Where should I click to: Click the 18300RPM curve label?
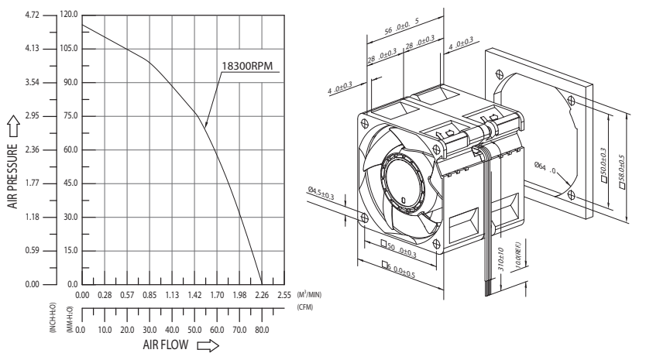click(x=247, y=66)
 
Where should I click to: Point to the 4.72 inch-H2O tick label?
click(x=32, y=15)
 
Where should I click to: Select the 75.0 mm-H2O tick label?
click(x=70, y=116)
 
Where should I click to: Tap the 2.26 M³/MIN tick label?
click(x=262, y=295)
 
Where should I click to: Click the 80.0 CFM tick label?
click(x=262, y=330)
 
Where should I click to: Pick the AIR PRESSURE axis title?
click(x=13, y=176)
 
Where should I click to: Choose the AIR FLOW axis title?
click(x=166, y=345)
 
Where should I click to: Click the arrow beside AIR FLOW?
click(x=208, y=345)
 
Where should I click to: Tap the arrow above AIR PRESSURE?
click(x=14, y=126)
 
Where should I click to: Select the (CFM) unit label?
click(x=305, y=307)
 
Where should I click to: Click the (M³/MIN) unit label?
click(x=309, y=294)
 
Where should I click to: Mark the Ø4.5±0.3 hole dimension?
click(x=321, y=194)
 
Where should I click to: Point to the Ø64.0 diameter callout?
click(x=545, y=168)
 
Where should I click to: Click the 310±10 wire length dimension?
click(x=501, y=259)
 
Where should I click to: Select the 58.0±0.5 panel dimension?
click(x=622, y=171)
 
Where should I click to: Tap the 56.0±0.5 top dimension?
click(x=402, y=27)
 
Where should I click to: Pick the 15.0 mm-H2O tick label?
click(x=70, y=250)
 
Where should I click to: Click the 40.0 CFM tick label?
click(x=172, y=330)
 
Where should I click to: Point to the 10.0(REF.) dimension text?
click(x=518, y=255)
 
